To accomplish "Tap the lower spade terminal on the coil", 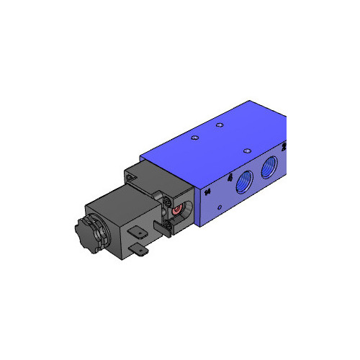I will pyautogui.click(x=140, y=250).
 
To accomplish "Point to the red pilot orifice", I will pyautogui.click(x=176, y=210).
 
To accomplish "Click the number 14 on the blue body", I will pyautogui.click(x=207, y=192).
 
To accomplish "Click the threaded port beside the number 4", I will pyautogui.click(x=243, y=182).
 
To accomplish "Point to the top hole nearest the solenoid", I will pyautogui.click(x=194, y=137).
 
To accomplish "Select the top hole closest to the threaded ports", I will pyautogui.click(x=247, y=150).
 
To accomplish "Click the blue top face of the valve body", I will pyautogui.click(x=223, y=144).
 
